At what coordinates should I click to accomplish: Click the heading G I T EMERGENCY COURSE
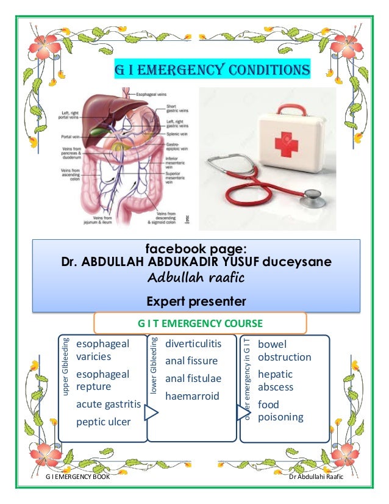coord(200,323)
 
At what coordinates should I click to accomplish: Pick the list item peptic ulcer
coord(103,422)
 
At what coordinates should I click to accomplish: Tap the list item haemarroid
coord(191,396)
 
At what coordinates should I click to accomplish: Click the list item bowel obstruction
coord(284,350)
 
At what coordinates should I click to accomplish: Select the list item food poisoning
coord(280,411)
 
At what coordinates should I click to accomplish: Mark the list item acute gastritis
coord(109,404)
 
